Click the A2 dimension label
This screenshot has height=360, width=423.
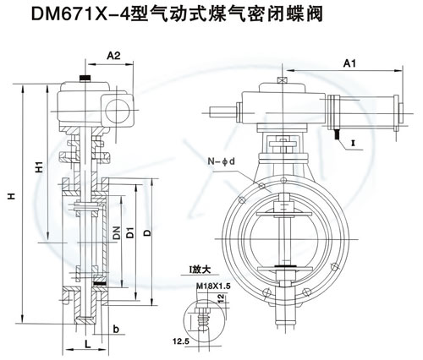[113, 56]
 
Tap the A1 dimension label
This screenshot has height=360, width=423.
[349, 64]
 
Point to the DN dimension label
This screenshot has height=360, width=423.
[117, 232]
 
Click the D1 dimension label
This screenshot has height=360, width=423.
[130, 232]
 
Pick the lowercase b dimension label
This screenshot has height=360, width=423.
[116, 329]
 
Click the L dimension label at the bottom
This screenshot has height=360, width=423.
[88, 344]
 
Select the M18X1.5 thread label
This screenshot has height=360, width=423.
[213, 286]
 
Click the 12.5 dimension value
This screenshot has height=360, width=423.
[181, 341]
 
